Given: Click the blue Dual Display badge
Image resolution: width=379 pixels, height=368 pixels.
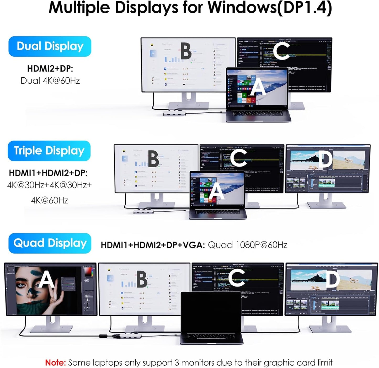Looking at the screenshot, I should pyautogui.click(x=50, y=46).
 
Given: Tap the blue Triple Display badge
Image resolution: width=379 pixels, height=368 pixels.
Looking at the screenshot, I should pyautogui.click(x=49, y=151).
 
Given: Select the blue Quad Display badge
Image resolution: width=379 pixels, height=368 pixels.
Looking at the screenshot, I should pyautogui.click(x=50, y=243).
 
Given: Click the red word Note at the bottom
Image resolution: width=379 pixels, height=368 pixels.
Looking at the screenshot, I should pyautogui.click(x=55, y=362).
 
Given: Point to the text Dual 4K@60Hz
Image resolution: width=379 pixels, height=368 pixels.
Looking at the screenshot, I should pyautogui.click(x=50, y=81).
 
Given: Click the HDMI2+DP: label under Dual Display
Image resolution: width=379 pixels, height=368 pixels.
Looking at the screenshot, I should pyautogui.click(x=50, y=68).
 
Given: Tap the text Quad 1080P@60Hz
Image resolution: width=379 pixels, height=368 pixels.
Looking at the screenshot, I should pyautogui.click(x=247, y=245).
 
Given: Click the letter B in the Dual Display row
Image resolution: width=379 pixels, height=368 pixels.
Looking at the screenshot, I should pyautogui.click(x=186, y=51).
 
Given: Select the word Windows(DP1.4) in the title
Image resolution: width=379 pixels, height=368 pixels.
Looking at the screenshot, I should pyautogui.click(x=270, y=8).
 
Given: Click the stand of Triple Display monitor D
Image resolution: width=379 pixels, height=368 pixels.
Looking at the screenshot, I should pyautogui.click(x=326, y=202).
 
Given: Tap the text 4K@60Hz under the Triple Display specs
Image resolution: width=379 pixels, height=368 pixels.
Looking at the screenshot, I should pyautogui.click(x=50, y=200).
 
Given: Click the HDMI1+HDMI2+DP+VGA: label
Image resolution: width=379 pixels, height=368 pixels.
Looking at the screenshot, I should pyautogui.click(x=153, y=245).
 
